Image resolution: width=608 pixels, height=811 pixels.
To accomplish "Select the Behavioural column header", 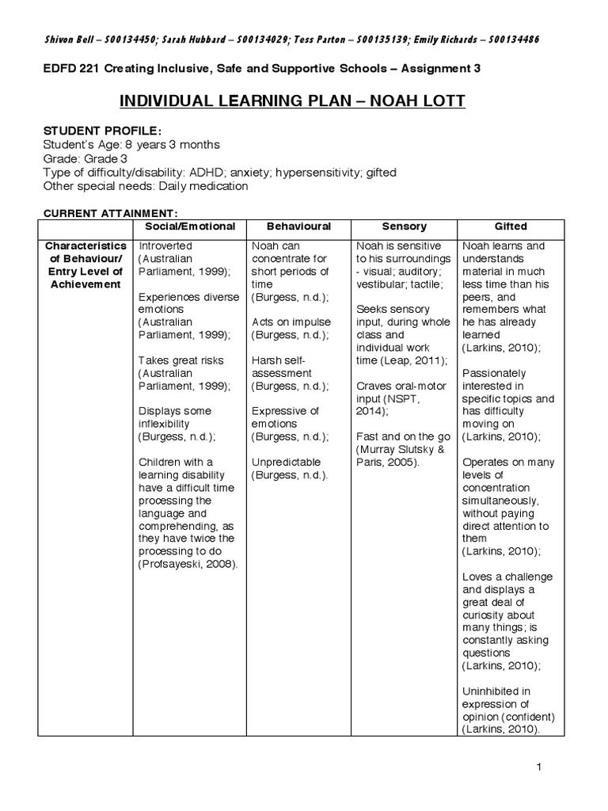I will (x=298, y=226).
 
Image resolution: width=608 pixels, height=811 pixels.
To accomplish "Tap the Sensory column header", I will (x=404, y=226).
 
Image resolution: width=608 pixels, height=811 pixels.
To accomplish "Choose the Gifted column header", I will (x=511, y=226).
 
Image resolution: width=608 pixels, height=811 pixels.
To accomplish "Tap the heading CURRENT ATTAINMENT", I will (x=109, y=212).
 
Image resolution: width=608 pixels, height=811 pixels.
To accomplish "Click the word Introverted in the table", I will (x=165, y=246).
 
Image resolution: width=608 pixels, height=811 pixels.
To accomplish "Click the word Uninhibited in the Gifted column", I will (x=490, y=691).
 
